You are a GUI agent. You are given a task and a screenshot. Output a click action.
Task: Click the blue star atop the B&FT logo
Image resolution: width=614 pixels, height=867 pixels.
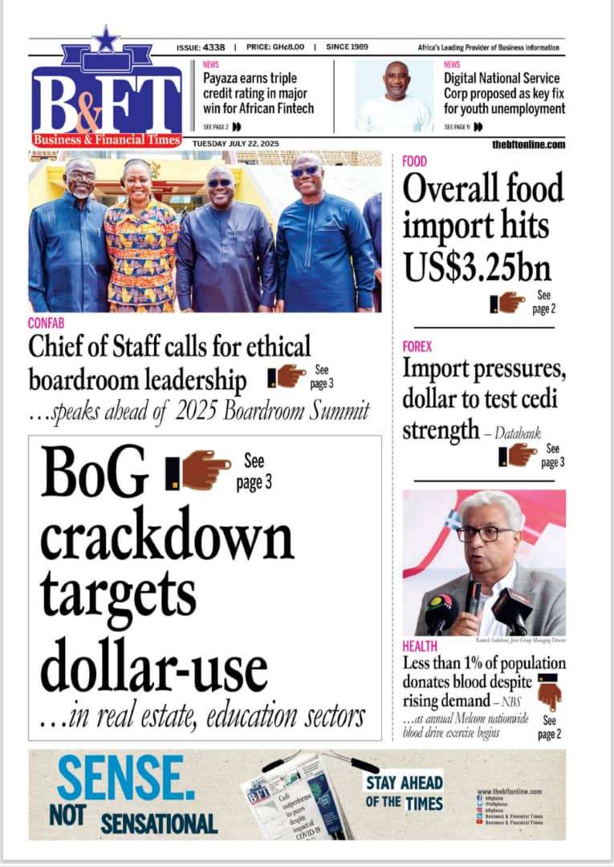(x=104, y=38)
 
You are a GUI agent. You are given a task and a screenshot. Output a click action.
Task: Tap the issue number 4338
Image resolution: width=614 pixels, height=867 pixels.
(x=215, y=47)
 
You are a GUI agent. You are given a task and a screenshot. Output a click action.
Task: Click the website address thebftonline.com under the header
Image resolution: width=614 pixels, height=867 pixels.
(x=529, y=144)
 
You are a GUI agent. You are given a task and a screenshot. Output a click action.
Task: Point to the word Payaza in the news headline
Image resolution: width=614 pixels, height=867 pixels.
(x=225, y=79)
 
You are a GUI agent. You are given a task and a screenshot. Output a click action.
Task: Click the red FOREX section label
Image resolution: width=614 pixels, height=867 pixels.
(x=417, y=347)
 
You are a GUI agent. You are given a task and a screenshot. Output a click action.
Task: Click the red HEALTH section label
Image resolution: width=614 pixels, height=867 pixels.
(x=420, y=646)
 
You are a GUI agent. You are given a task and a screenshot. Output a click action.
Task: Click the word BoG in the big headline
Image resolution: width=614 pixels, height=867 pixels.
(x=95, y=474)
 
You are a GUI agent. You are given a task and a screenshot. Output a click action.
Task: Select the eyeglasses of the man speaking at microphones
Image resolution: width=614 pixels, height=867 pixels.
(x=484, y=534)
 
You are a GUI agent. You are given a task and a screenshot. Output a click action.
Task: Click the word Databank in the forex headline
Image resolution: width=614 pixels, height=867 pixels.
(x=518, y=433)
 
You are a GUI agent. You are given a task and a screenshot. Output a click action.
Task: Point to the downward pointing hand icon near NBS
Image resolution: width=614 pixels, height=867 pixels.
(x=549, y=691)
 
